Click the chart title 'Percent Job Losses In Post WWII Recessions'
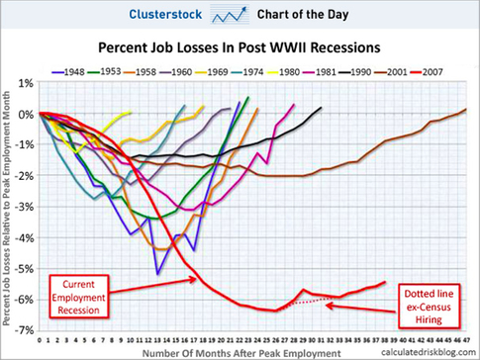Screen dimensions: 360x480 coord(240,46)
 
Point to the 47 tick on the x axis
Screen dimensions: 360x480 coord(465,336)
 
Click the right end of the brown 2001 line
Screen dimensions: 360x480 coord(467,109)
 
